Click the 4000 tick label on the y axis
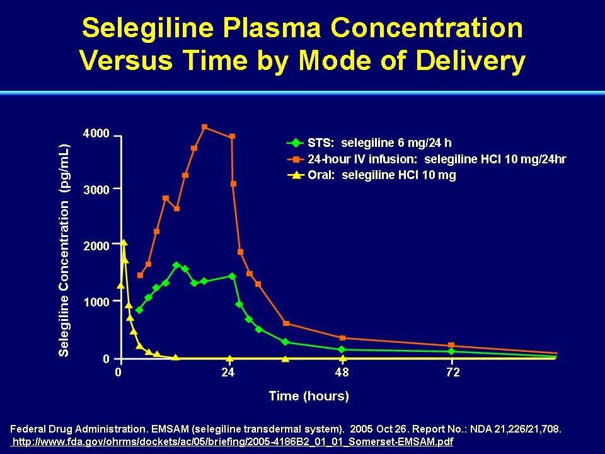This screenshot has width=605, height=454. [x=96, y=134]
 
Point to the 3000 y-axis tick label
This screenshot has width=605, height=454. [x=96, y=189]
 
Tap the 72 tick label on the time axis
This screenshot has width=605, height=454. [x=452, y=372]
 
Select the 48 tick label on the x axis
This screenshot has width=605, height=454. [x=342, y=372]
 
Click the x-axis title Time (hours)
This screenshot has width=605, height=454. [x=309, y=396]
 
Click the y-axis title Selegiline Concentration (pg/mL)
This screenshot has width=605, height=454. [x=64, y=250]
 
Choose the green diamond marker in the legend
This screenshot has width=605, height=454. [x=296, y=143]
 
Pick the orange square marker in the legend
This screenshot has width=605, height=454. [x=296, y=159]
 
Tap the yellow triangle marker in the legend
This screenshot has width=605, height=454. [x=296, y=175]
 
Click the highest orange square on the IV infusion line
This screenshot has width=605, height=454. [x=204, y=127]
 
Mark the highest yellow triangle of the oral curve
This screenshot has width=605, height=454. [x=124, y=242]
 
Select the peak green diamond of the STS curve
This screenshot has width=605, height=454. [x=176, y=265]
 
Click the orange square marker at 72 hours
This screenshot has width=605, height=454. [x=451, y=345]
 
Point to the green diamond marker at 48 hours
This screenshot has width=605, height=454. [x=342, y=350]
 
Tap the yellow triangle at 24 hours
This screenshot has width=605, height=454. [x=230, y=359]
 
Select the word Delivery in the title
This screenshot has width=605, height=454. [x=471, y=61]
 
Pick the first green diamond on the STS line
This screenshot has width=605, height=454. [x=139, y=310]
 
